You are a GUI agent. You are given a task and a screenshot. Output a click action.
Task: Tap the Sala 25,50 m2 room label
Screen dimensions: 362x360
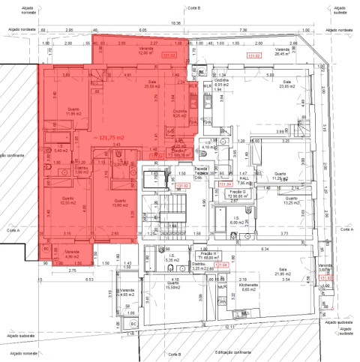[x=151, y=84]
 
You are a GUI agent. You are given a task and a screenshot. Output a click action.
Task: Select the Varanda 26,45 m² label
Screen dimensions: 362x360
[x=281, y=52]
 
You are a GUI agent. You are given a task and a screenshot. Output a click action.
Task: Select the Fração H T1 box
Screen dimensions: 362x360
[x=206, y=256]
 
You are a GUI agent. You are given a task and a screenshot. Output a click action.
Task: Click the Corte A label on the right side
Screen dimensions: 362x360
[x=346, y=230]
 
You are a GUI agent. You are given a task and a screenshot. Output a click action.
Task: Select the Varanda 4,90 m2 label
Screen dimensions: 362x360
[x=72, y=253]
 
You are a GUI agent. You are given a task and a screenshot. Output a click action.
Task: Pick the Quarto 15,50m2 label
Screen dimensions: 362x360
[x=172, y=286]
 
